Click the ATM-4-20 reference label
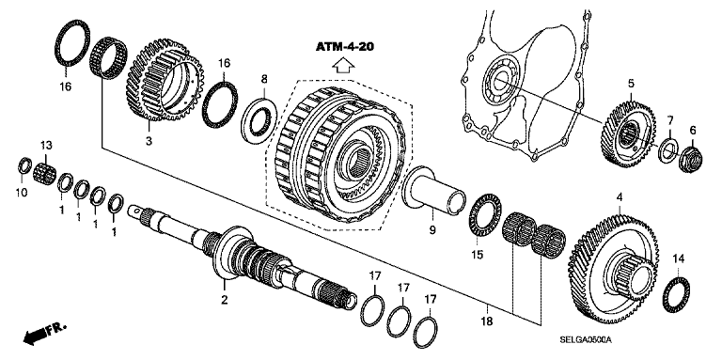344,46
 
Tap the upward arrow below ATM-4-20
343,66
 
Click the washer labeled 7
667,149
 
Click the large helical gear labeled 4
613,267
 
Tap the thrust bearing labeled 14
676,295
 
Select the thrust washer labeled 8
259,119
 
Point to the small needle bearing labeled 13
45,172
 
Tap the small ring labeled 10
24,165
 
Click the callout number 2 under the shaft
225,300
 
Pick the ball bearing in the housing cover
501,81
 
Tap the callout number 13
46,146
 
